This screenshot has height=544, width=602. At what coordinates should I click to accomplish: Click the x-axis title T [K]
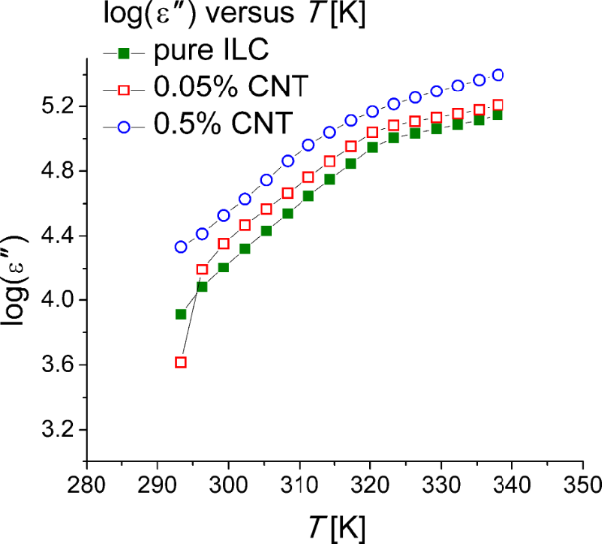tap(334, 524)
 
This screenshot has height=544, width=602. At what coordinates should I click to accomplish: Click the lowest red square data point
tap(181, 362)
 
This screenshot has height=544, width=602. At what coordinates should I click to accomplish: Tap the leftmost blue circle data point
tap(181, 247)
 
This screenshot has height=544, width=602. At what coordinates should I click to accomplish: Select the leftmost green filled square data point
tap(181, 314)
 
